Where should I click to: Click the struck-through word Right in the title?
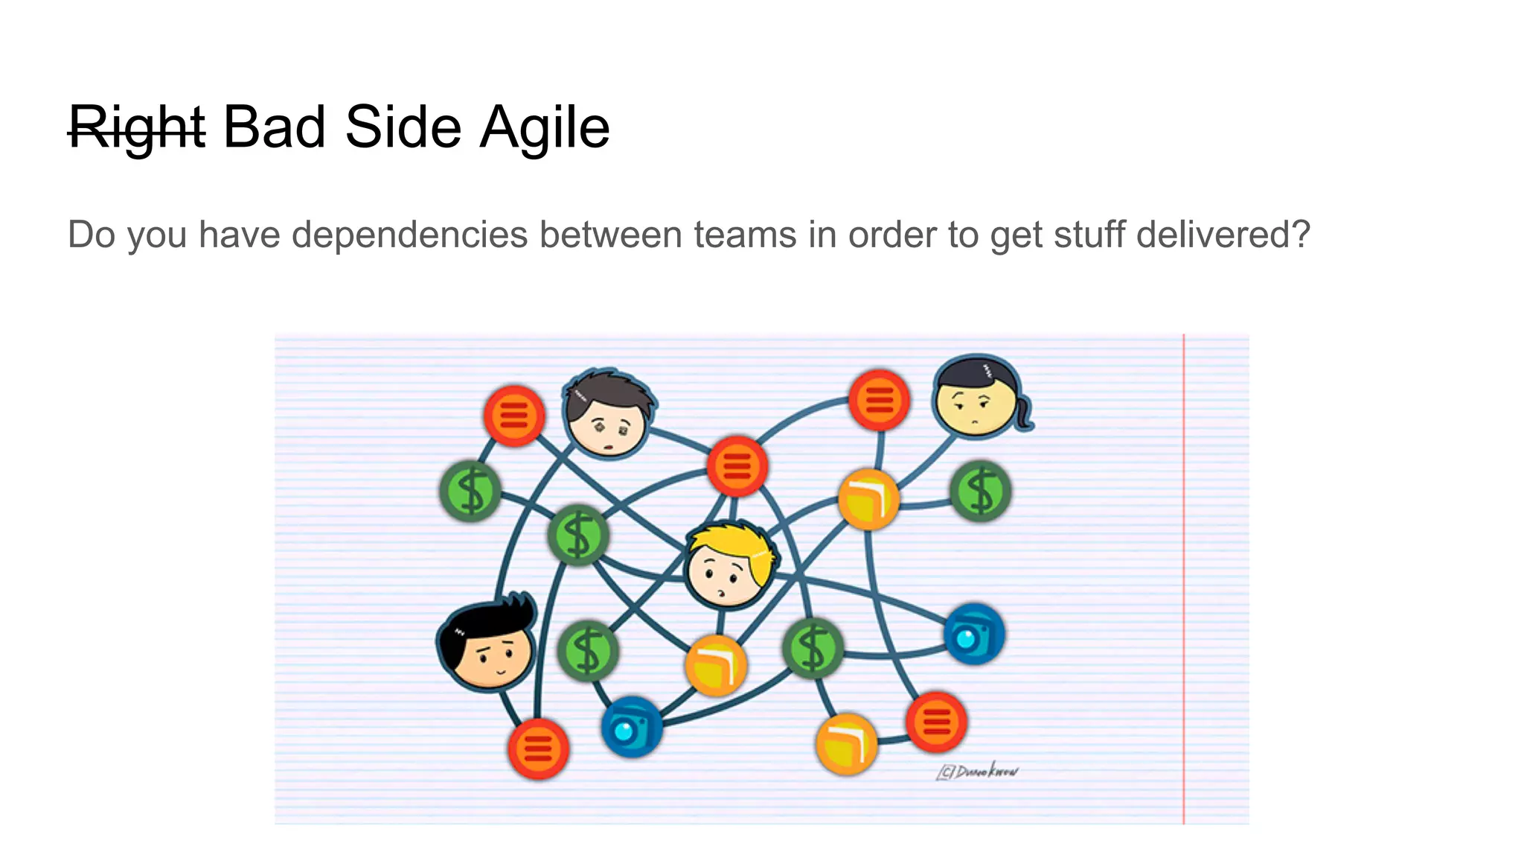[136, 128]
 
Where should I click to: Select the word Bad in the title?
[274, 128]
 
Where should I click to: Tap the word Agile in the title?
[545, 128]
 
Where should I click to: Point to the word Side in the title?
[403, 128]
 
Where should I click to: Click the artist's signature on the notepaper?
[978, 772]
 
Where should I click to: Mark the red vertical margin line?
[1183, 581]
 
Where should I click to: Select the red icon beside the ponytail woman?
[879, 400]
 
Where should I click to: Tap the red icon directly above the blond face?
[737, 466]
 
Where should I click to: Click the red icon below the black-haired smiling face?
[538, 749]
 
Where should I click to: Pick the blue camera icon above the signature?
[973, 635]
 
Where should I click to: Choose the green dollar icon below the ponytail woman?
[980, 492]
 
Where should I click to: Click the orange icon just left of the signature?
[847, 743]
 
